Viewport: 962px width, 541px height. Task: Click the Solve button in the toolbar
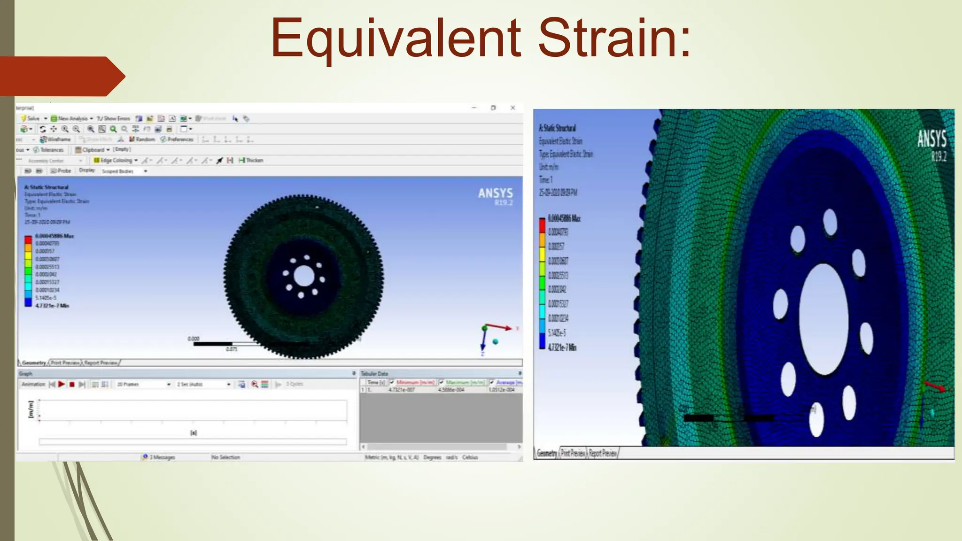tap(31, 118)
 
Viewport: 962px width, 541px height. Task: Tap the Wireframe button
tap(56, 139)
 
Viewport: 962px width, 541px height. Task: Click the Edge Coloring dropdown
tap(116, 160)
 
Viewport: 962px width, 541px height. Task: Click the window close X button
tap(513, 108)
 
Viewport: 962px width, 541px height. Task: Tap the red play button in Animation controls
tap(62, 384)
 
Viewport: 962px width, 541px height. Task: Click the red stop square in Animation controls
tap(72, 384)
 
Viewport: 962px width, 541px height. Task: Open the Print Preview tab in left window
tap(65, 363)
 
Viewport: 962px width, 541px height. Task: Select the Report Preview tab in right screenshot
tap(603, 453)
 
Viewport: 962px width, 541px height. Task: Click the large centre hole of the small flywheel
tap(304, 276)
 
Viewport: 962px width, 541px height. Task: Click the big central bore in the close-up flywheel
tap(824, 319)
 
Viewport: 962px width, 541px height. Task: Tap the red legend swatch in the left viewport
tap(28, 240)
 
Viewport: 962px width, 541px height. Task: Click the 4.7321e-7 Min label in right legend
tap(562, 348)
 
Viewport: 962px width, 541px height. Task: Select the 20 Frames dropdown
tap(143, 384)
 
